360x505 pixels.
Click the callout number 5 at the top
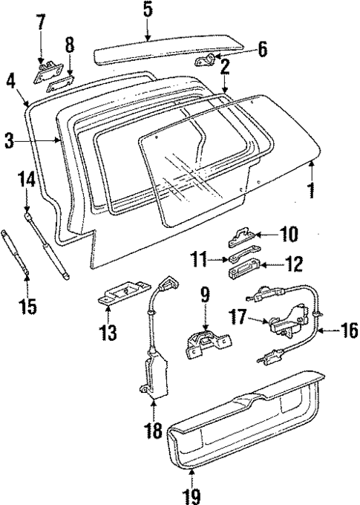pos(147,10)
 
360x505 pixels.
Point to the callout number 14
pos(26,179)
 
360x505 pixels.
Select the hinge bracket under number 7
pos(46,71)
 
